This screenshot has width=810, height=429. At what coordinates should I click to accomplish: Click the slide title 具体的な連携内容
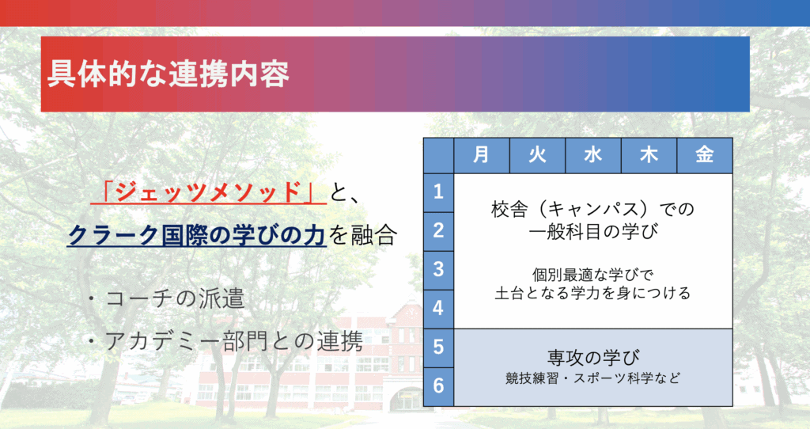(168, 74)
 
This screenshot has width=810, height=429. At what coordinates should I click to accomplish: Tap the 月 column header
(482, 155)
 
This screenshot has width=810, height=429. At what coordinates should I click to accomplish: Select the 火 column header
(537, 155)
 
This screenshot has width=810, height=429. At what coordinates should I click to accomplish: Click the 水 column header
(593, 155)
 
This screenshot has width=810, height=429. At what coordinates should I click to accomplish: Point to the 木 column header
(649, 155)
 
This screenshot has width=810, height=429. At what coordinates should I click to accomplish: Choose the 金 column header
(705, 155)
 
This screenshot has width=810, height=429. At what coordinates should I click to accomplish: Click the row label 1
(438, 192)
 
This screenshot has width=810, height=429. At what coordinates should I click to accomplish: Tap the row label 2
(438, 231)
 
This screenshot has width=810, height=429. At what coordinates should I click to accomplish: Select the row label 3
(438, 270)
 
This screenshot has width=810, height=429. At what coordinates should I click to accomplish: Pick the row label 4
(438, 309)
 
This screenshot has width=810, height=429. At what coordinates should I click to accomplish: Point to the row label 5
(438, 347)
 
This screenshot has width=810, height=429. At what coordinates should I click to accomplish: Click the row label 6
(438, 386)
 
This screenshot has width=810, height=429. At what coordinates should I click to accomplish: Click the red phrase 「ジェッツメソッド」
(209, 192)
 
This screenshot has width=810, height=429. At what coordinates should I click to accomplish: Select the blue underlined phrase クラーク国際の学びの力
(197, 234)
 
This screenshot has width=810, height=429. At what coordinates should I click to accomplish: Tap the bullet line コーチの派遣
(165, 298)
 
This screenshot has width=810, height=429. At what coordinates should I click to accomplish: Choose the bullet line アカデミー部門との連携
(225, 341)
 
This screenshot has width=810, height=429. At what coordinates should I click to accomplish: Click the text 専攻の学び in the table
(593, 357)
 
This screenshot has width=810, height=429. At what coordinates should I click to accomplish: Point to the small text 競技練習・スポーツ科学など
(593, 378)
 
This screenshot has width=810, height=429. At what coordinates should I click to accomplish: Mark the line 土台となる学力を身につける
(593, 293)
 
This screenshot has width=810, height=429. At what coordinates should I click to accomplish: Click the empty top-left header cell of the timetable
(438, 155)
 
